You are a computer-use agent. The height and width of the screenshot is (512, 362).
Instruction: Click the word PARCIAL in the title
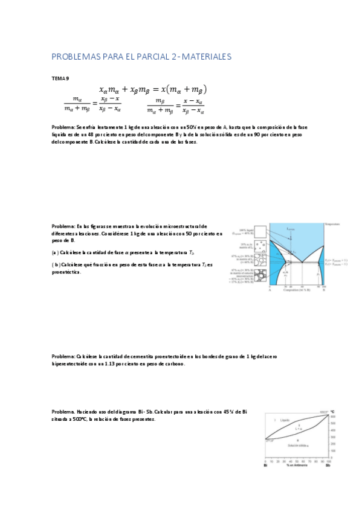[143, 57]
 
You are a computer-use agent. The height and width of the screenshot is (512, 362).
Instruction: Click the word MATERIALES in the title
[204, 57]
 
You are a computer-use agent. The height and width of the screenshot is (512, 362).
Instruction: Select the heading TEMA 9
[60, 78]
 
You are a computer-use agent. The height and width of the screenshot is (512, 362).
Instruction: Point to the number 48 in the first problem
[99, 135]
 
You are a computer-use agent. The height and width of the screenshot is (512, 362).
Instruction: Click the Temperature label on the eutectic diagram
[332, 223]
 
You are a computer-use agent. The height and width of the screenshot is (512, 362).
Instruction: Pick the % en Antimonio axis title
[296, 465]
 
